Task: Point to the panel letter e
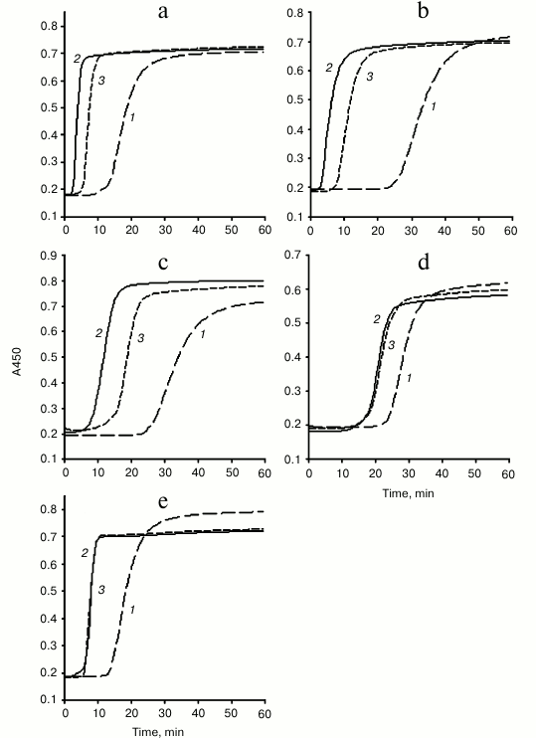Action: click(163, 495)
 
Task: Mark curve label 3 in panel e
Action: click(100, 591)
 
